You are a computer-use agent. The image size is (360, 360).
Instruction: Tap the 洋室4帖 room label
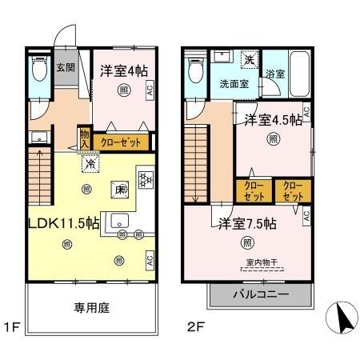[124, 70]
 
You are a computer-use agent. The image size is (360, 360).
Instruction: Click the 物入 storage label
[84, 140]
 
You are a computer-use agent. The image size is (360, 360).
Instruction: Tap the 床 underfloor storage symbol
[117, 190]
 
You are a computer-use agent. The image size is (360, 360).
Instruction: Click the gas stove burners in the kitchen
[146, 179]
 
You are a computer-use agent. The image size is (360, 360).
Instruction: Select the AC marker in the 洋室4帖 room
[150, 92]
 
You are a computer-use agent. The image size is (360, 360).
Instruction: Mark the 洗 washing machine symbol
[249, 61]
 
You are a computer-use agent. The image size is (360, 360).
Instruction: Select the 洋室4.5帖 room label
[272, 121]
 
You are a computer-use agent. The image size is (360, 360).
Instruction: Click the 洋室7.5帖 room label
[246, 224]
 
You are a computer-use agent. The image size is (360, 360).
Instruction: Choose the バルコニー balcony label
[260, 295]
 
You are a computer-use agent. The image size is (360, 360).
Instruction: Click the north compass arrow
[339, 322]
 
